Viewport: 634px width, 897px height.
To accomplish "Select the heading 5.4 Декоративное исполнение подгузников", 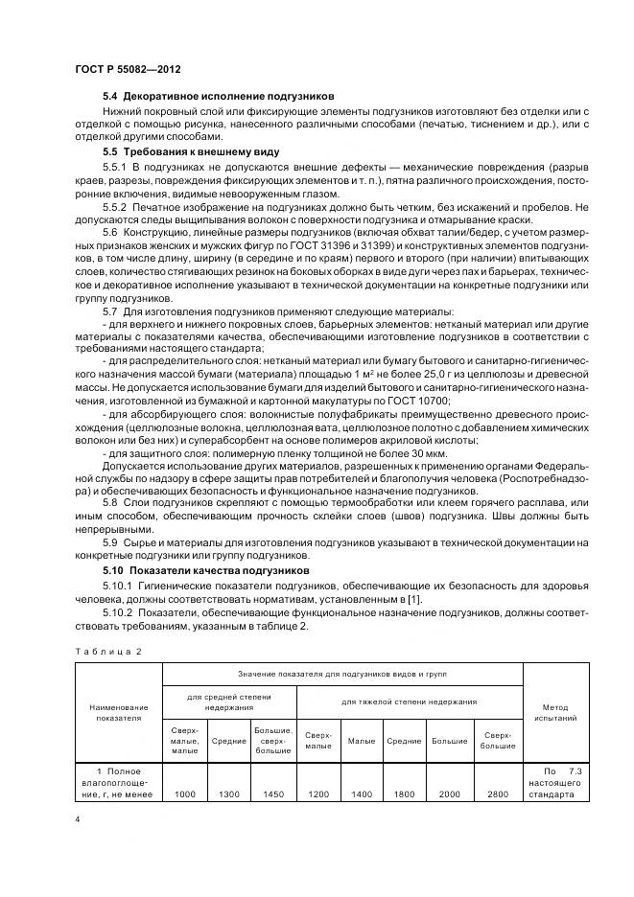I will point(219,97).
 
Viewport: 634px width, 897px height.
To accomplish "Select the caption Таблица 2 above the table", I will point(107,652).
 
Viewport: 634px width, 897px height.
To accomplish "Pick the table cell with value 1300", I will point(229,793).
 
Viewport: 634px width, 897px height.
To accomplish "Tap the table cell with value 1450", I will point(273,793).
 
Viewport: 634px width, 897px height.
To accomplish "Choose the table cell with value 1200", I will point(318,793).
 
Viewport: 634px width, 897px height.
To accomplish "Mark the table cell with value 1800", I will point(404,793).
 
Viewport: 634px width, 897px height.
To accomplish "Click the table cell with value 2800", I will point(500,793).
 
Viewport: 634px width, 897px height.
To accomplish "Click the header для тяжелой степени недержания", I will point(411,701).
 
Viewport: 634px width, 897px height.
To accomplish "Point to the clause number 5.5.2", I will point(118,207).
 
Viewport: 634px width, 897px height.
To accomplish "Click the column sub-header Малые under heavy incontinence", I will point(361,740).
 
